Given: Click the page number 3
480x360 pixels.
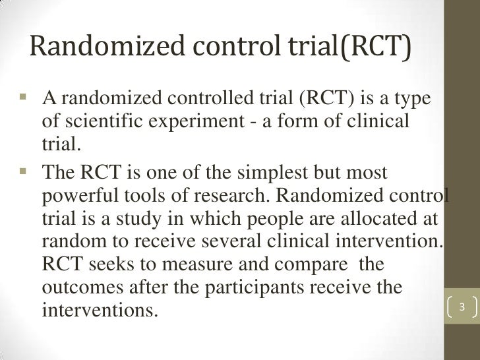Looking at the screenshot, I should click(462, 307).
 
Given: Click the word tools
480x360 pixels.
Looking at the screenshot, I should click(151, 196).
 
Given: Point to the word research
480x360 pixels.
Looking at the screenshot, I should click(235, 196).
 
